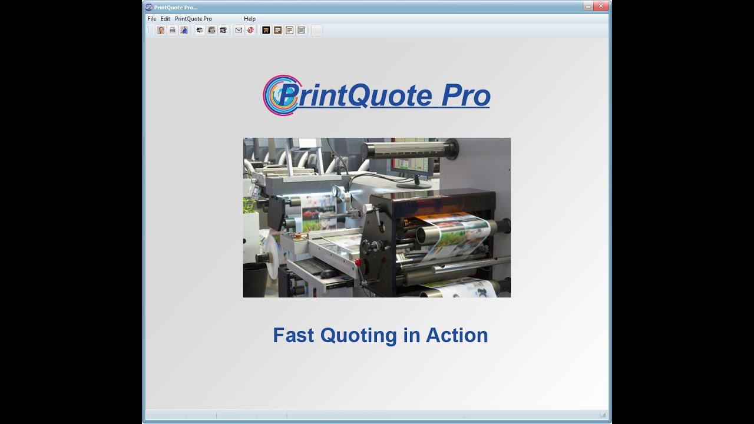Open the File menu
152,19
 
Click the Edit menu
166,19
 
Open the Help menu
250,19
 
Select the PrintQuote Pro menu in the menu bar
193,19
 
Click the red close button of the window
601,6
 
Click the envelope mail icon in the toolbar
239,30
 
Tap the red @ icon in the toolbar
250,30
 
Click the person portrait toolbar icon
161,30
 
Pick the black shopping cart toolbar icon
266,30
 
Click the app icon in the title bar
149,7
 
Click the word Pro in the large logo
465,96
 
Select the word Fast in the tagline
294,335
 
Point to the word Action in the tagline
457,335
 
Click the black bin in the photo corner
254,281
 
